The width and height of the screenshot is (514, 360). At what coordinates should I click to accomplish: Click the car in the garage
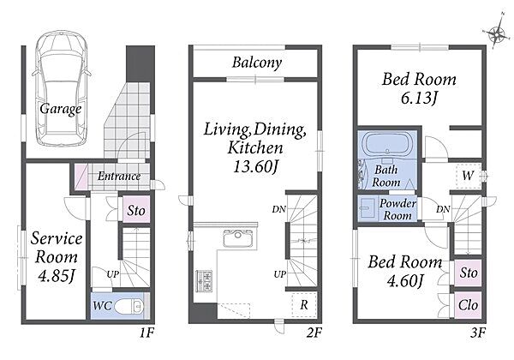click(61, 88)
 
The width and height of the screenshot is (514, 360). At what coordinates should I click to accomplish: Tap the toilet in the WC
click(134, 306)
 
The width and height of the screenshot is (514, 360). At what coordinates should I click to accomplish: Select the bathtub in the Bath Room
click(387, 143)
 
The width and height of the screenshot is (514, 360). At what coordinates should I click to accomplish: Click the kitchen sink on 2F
click(237, 238)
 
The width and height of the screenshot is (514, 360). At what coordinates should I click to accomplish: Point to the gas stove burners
click(204, 281)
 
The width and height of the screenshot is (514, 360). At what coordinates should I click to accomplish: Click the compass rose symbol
click(497, 31)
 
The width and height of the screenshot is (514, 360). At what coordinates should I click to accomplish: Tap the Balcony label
click(257, 63)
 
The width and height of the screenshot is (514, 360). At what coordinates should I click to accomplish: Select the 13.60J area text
click(255, 167)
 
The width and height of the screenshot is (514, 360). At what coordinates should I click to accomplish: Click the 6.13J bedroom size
click(419, 98)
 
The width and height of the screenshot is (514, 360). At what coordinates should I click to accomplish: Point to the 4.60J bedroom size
click(406, 280)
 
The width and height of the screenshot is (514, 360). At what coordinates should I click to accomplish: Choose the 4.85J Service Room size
click(57, 276)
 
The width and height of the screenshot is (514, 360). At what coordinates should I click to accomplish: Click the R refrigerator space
click(304, 305)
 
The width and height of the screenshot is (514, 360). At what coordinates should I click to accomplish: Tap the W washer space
click(468, 176)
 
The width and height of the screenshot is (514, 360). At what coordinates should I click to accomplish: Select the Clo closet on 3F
click(468, 305)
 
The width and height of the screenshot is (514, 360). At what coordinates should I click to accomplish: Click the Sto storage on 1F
click(136, 210)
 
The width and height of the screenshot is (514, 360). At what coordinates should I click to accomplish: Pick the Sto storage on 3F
click(468, 273)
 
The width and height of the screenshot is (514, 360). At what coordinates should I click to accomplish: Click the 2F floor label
click(314, 333)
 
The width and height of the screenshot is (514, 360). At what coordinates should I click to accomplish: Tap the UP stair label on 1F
click(113, 273)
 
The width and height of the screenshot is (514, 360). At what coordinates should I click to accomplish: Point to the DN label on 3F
click(443, 209)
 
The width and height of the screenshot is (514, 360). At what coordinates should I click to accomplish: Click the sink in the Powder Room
click(366, 207)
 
